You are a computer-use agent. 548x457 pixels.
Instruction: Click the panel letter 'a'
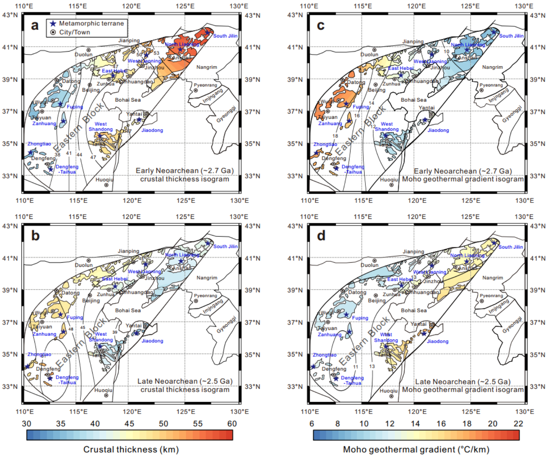(x=35, y=26)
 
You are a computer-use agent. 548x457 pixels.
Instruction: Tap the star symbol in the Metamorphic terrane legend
(x=53, y=23)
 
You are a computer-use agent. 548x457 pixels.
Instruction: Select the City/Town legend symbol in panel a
(x=53, y=32)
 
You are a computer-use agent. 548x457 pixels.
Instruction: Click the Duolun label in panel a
(x=83, y=55)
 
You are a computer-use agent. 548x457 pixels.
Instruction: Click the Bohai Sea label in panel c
(x=414, y=100)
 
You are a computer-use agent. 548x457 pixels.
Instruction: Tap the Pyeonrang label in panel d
(x=491, y=296)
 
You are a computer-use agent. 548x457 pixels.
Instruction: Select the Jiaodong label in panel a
(x=152, y=130)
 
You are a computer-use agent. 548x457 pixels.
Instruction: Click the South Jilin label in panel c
(x=511, y=36)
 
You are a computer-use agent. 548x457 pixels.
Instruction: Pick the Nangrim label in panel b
(x=207, y=278)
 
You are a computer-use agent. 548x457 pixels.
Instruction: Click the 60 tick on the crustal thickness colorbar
(x=232, y=424)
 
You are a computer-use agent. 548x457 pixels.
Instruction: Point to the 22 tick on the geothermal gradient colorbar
(x=518, y=424)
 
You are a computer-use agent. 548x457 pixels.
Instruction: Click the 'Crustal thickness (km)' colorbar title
(x=131, y=449)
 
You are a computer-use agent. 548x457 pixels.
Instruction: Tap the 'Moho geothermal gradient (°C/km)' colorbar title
(x=416, y=449)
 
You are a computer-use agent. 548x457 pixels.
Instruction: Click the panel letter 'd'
(x=321, y=236)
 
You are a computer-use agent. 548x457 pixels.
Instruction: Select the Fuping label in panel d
(x=360, y=318)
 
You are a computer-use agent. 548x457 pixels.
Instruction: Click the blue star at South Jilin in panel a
(x=208, y=32)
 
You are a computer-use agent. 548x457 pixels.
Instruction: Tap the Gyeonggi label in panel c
(x=512, y=114)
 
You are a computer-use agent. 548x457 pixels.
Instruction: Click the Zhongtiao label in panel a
(x=39, y=144)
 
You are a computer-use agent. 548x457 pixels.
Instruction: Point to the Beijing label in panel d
(x=376, y=300)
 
